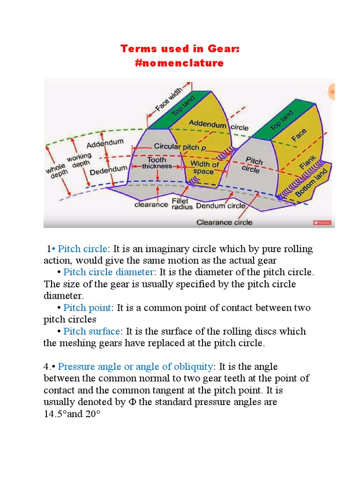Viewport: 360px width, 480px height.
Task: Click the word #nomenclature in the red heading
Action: [x=180, y=63]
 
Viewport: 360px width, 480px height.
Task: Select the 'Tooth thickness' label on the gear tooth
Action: [x=157, y=163]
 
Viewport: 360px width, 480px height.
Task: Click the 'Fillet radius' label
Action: [x=180, y=204]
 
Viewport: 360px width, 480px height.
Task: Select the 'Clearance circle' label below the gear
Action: [x=224, y=222]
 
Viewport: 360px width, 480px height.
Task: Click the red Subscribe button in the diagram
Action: [x=322, y=223]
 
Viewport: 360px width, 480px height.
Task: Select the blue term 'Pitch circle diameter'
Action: [x=109, y=272]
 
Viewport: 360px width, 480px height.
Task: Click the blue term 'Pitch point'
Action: [x=88, y=308]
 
